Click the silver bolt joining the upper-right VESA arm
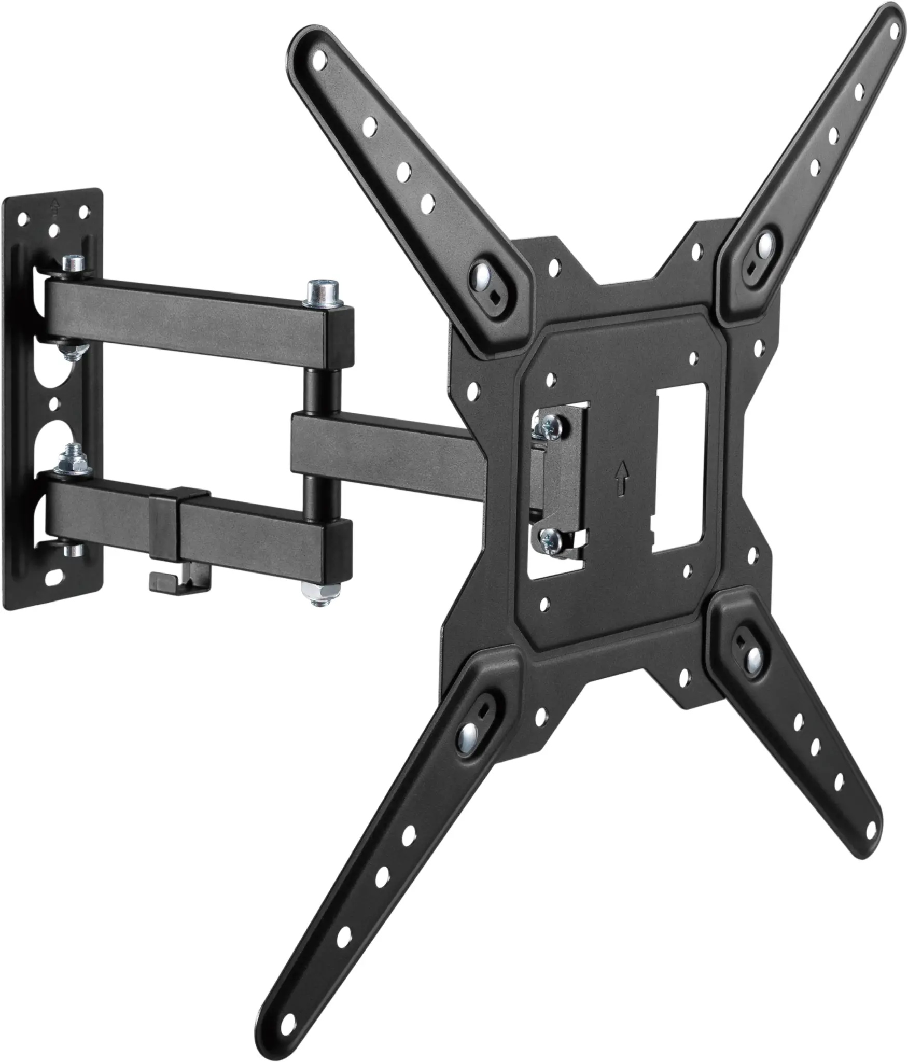click(766, 245)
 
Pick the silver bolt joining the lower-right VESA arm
click(753, 658)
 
